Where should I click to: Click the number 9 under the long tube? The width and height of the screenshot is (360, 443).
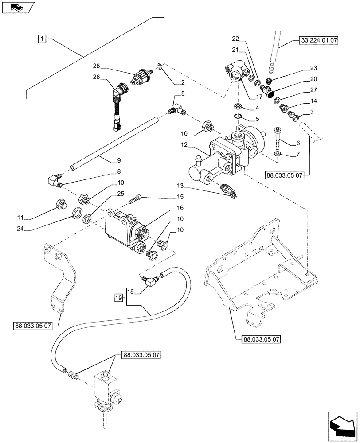[106, 160]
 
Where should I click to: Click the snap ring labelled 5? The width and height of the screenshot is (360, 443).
[238, 117]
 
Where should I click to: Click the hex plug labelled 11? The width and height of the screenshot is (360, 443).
[59, 204]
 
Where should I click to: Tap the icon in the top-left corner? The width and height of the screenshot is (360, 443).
[17, 7]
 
